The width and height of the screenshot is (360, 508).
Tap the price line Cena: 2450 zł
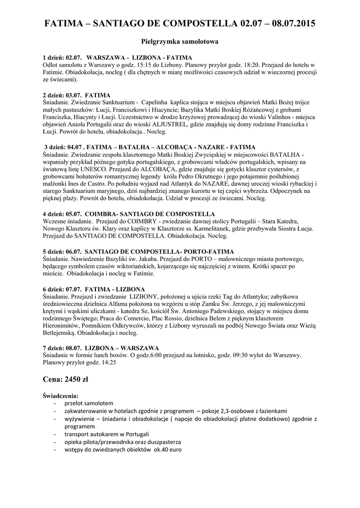pos(66,380)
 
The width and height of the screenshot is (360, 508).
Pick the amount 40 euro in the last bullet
pos(172,449)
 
